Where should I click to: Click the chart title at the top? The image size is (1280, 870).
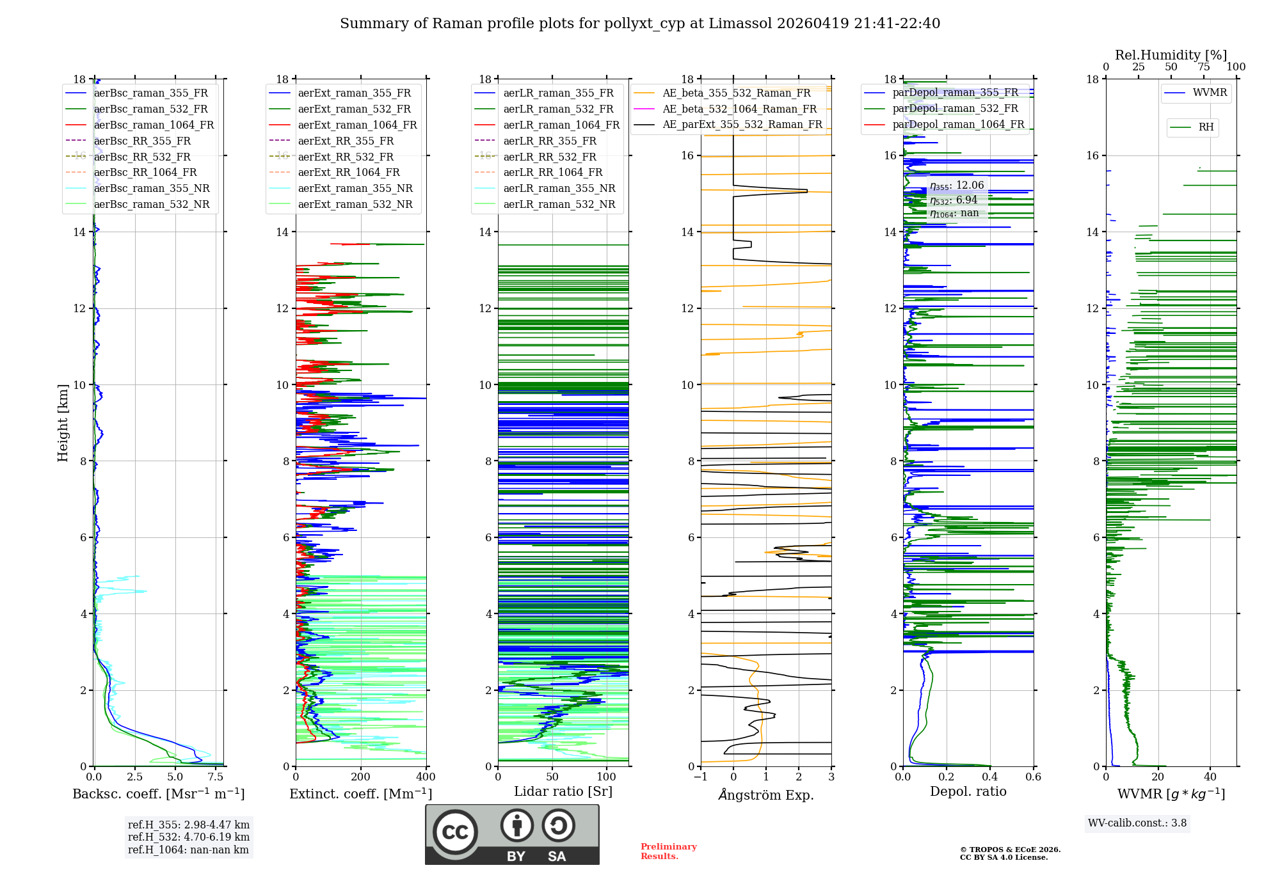pos(640,24)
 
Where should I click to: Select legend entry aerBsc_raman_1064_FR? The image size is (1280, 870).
pos(154,125)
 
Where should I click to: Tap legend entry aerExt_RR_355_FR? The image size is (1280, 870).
pos(346,141)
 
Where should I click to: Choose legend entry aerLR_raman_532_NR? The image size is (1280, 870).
pos(559,204)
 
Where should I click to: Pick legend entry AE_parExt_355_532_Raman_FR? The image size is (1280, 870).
pos(742,124)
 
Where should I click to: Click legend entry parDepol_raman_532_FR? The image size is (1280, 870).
pos(955,108)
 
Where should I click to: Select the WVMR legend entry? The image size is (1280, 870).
pos(1210,93)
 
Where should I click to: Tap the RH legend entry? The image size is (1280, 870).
pos(1206,127)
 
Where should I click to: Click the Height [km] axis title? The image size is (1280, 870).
pos(63,422)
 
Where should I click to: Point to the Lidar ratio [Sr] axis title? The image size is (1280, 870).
pos(563,791)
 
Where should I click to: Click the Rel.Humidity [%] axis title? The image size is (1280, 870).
pos(1171,55)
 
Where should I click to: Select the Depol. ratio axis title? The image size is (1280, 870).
pos(968,791)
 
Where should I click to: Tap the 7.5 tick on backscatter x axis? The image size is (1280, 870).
pos(216,777)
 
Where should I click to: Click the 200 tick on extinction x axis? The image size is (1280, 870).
pos(361,777)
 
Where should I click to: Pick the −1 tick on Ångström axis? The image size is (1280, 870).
pos(701,777)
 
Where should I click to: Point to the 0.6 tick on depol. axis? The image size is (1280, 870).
pos(1033,777)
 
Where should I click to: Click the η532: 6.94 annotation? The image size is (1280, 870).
pos(954,200)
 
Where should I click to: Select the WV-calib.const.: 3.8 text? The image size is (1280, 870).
pos(1137,823)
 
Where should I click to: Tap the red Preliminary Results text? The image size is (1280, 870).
pos(668,851)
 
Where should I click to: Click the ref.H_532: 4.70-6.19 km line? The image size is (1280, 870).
pos(189,837)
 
